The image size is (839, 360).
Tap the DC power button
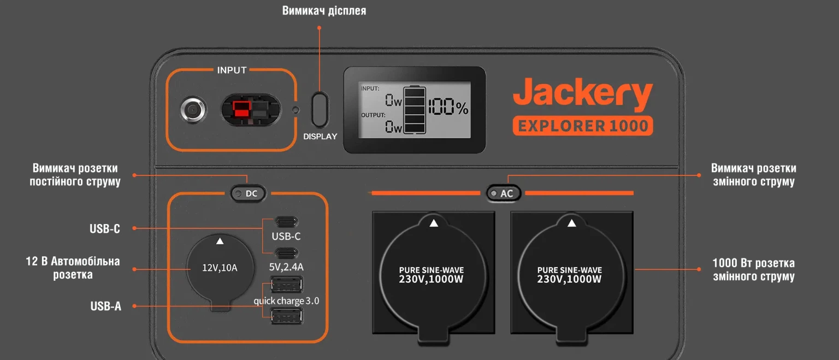(x=248, y=194)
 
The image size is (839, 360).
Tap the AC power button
(x=504, y=193)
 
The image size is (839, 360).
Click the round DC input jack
(x=193, y=110)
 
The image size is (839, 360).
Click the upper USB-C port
(x=287, y=222)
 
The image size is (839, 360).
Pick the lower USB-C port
(x=287, y=253)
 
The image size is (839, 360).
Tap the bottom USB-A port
(x=287, y=316)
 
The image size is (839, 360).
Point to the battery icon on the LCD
(x=415, y=109)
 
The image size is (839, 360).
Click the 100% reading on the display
(x=448, y=107)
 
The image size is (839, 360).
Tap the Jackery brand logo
(x=583, y=93)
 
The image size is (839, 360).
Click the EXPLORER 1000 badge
(x=583, y=126)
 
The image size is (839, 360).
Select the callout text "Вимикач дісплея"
(x=324, y=11)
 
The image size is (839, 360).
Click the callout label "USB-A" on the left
(x=105, y=306)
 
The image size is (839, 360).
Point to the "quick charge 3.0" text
(x=286, y=301)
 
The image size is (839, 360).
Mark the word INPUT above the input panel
(x=232, y=70)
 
